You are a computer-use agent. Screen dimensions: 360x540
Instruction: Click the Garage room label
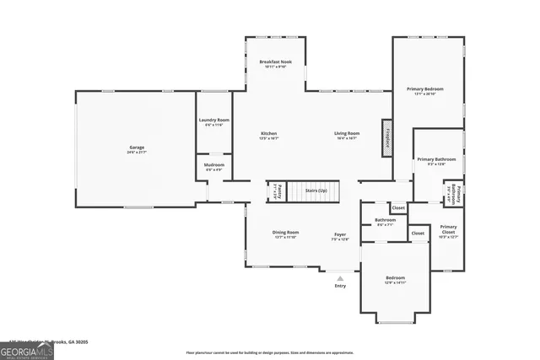pos(137,148)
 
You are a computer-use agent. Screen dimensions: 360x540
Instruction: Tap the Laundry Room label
pos(214,121)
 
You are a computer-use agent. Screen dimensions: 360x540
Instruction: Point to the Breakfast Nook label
pos(275,62)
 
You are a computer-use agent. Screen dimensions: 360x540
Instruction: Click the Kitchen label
pos(269,133)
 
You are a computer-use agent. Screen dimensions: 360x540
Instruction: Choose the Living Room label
pos(347,133)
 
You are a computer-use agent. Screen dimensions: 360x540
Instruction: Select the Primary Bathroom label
pos(436,159)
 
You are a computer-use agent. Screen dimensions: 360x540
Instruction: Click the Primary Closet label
pos(448,227)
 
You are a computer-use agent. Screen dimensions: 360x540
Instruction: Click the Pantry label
pos(275,191)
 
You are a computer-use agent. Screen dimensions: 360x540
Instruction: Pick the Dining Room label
pos(285,233)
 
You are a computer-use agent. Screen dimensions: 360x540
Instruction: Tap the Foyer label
pos(340,234)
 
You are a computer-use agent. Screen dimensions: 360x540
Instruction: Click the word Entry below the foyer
pos(340,286)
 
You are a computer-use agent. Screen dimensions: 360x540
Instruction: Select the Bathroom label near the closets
pos(386,220)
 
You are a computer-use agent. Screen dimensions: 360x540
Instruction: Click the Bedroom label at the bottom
pos(396,277)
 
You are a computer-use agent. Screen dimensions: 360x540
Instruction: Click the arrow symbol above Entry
pos(340,277)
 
